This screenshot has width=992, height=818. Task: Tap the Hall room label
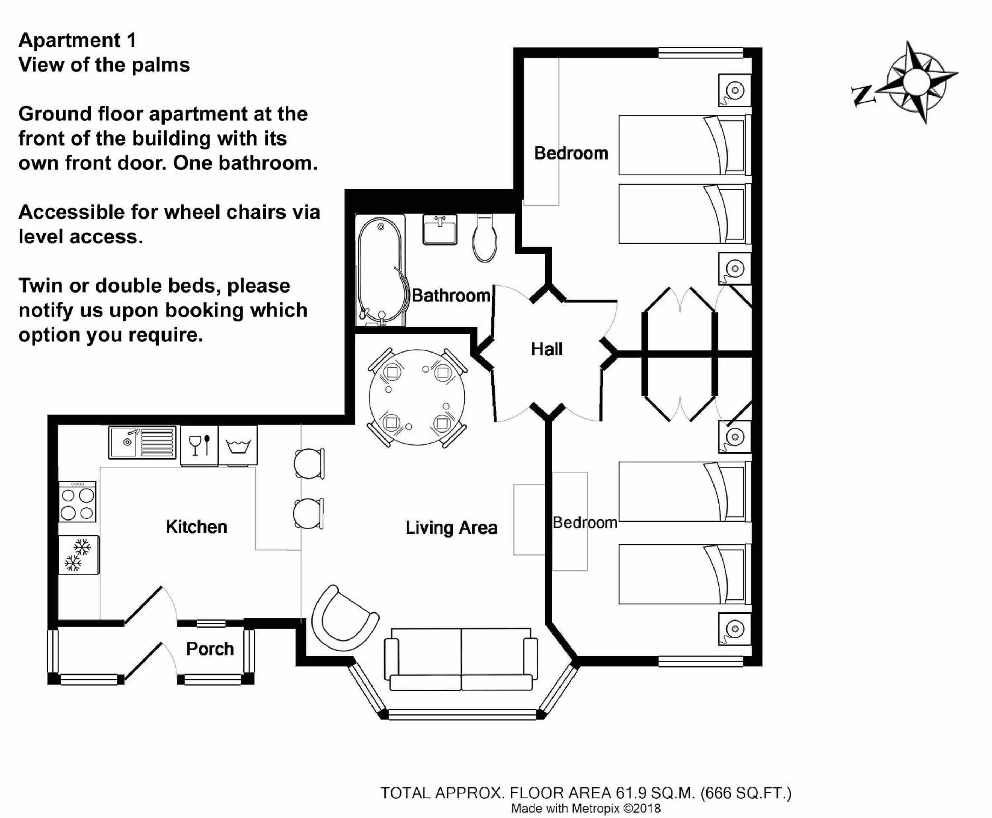(547, 349)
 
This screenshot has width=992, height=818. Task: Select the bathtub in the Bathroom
(380, 270)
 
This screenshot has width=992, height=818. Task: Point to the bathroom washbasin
(440, 229)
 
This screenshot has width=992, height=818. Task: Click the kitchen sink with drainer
(142, 442)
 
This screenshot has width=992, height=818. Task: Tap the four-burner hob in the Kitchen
(77, 501)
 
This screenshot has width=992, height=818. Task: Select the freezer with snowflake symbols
(78, 555)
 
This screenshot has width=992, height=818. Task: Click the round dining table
(417, 397)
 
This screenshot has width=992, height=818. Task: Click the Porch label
(210, 649)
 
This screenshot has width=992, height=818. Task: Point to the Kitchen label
(196, 527)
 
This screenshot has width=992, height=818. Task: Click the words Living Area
(451, 528)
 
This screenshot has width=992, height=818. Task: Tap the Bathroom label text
(451, 295)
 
